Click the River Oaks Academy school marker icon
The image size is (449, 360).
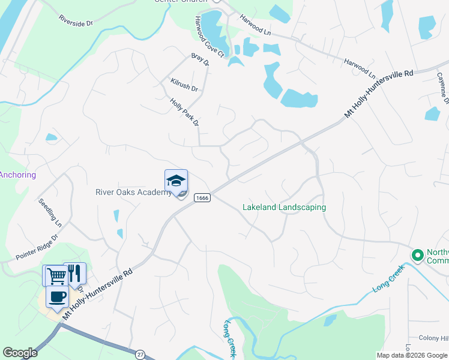tap(176, 181)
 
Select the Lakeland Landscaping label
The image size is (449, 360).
tap(284, 207)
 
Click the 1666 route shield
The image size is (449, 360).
tap(202, 198)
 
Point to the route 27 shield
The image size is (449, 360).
tap(140, 355)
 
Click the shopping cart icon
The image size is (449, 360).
tap(56, 275)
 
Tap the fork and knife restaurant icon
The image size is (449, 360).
tap(75, 273)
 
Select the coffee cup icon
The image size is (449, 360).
tap(57, 296)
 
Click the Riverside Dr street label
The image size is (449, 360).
tap(76, 20)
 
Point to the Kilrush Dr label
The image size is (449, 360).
tap(184, 84)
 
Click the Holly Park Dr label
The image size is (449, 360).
tap(184, 112)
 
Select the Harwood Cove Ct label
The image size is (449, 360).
tap(208, 37)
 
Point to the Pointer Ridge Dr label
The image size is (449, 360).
tap(37, 247)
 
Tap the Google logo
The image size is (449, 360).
tap(20, 353)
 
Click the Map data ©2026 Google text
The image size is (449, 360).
tap(412, 355)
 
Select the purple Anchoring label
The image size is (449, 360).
tap(17, 175)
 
